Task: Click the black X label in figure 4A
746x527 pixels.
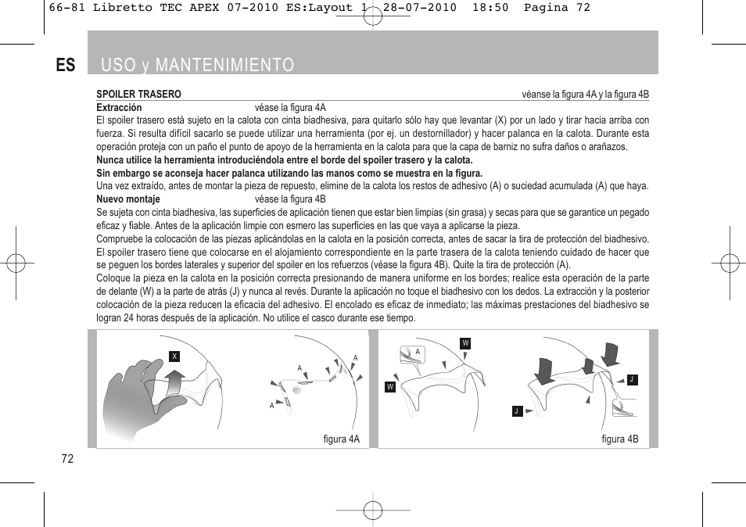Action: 175,356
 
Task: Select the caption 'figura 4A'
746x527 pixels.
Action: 341,439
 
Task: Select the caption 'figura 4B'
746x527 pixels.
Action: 619,439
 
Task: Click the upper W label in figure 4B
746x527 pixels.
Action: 465,343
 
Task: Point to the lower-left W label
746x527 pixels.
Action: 389,387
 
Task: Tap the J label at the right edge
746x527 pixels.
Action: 631,379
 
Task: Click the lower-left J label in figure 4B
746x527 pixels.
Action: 516,410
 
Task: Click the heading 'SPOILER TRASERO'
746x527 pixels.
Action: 138,95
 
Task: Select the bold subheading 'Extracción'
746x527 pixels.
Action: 119,108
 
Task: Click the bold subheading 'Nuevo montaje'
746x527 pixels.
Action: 128,199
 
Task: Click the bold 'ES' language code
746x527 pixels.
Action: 66,65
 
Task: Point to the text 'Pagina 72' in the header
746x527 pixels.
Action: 556,8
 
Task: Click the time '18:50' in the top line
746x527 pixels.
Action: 489,8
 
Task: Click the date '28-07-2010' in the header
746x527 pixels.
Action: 423,8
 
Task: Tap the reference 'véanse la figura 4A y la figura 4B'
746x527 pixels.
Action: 585,95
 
